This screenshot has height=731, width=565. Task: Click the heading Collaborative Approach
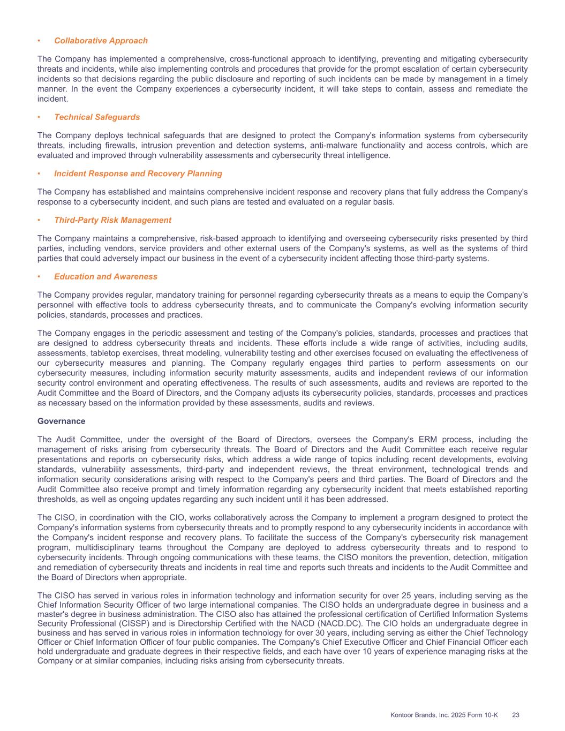(x=101, y=41)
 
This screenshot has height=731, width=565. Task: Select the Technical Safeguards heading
(x=97, y=117)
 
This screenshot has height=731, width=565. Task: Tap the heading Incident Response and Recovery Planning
(x=138, y=174)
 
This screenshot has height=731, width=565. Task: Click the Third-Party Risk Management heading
(x=112, y=220)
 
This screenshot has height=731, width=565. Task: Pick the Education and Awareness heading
(x=106, y=277)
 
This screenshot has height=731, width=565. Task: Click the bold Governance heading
(x=61, y=421)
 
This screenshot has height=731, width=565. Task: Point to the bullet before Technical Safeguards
(x=39, y=117)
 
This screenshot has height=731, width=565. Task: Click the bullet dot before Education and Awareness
(x=39, y=277)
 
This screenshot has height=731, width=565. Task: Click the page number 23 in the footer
(x=516, y=715)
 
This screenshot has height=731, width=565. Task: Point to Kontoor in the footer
(x=401, y=715)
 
